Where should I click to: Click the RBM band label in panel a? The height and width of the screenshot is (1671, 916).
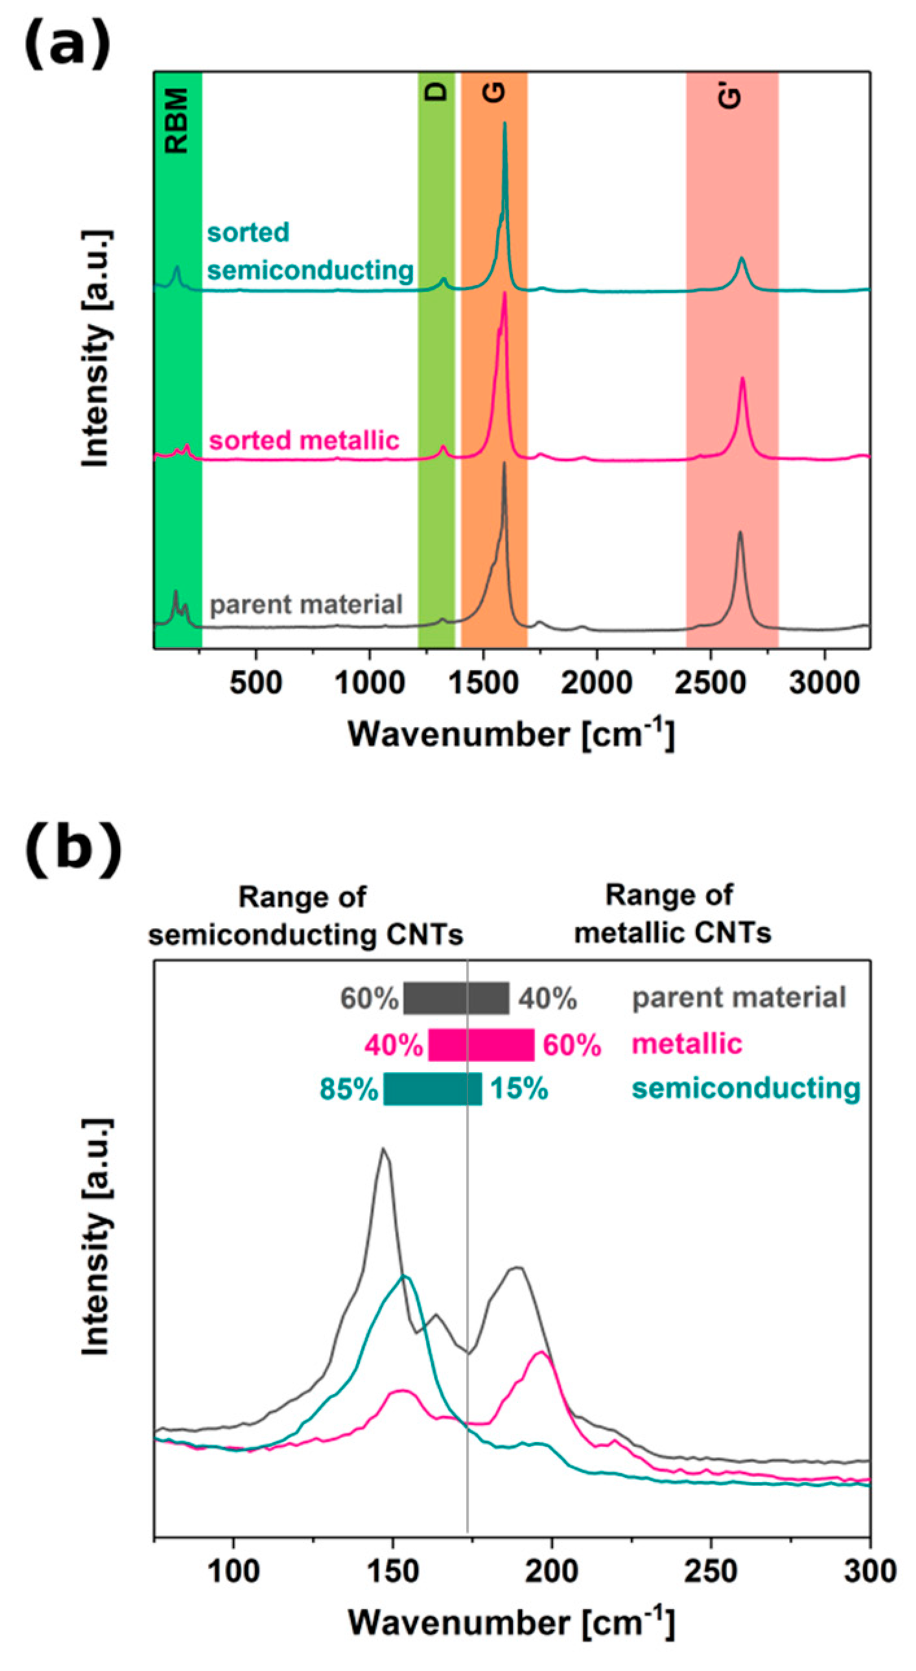coord(176,121)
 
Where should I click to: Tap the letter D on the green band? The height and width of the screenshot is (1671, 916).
coord(437,91)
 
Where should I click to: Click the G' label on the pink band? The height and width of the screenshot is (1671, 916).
coord(731,97)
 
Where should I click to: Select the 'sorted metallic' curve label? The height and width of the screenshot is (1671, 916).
coord(303,440)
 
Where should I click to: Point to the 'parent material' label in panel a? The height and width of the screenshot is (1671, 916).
coord(306,604)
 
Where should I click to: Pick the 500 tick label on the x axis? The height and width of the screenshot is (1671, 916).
coord(255,683)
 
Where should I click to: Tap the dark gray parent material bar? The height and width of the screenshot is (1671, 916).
coord(456,999)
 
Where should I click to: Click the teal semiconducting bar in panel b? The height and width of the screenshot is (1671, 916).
coord(432,1089)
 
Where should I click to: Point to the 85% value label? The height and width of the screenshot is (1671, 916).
coord(348,1089)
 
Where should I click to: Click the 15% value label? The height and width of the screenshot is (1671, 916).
coord(519,1089)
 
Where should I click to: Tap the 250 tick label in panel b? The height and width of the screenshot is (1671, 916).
coord(710,1572)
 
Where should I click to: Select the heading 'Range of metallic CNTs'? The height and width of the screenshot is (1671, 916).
coord(672,914)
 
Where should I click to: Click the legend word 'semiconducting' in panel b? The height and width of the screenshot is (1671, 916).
coord(746,1088)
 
